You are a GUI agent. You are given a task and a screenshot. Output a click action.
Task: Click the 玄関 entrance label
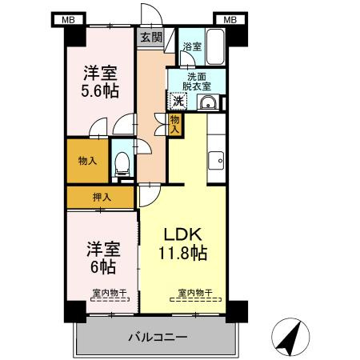(x=151, y=36)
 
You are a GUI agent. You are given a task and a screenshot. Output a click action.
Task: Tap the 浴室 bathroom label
(x=192, y=47)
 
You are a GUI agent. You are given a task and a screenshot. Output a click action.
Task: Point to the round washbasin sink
(x=207, y=102)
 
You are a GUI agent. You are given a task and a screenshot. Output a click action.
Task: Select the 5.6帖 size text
(x=99, y=90)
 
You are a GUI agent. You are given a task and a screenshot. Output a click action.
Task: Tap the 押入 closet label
(x=101, y=197)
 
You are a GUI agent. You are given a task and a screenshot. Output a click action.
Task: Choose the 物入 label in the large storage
(x=87, y=161)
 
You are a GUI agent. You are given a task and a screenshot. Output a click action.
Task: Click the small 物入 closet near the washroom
(x=175, y=123)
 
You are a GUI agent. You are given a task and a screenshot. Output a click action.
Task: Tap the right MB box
(x=230, y=19)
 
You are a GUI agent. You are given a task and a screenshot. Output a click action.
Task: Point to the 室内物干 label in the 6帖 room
(x=107, y=293)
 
